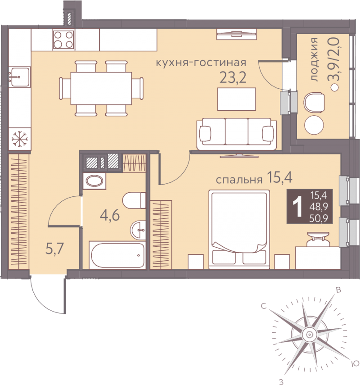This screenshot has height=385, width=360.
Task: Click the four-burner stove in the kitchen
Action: pos(63,40)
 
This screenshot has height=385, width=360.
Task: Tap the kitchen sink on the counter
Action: pos(20,77)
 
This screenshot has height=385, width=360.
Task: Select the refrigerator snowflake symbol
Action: pos(20,139)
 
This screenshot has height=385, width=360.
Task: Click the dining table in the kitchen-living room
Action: pos(101,88)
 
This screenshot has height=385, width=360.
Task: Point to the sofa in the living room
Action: pos(237,134)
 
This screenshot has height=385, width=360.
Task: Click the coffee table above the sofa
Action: pos(237,99)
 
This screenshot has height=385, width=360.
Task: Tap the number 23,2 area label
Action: pos(233,78)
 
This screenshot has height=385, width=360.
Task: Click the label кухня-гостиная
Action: pos(201,63)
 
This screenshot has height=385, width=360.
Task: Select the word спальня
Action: pos(239,180)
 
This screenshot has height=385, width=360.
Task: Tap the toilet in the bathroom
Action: pos(134,200)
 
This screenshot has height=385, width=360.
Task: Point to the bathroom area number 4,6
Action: pos(110,216)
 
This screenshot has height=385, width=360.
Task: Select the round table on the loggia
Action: pos(314,125)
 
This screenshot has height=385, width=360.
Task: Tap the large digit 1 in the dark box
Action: pos(298,208)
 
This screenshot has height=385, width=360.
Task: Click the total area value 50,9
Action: pos(319,218)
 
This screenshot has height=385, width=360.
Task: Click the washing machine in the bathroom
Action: pos(94,181)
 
